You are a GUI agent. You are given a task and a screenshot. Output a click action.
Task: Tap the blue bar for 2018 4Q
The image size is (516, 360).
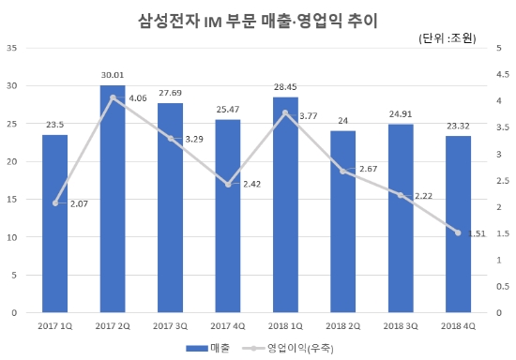458,224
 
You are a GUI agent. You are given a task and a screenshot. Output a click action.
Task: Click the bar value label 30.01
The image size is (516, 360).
113,75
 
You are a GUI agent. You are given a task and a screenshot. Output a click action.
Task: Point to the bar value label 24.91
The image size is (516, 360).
401,114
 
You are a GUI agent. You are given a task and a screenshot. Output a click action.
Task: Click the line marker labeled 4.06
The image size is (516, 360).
113,97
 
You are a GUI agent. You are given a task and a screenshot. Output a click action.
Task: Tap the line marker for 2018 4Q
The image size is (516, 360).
458,232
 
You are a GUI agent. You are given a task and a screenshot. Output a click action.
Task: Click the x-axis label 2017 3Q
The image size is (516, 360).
170,326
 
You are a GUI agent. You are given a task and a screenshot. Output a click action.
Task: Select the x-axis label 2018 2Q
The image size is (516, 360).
342,326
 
